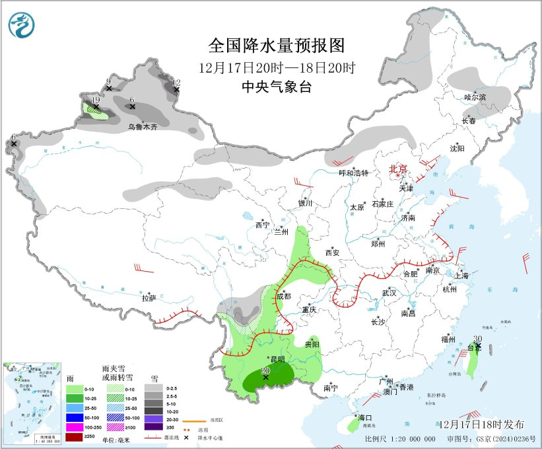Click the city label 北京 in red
click(398, 169)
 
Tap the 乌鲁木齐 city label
click(143, 126)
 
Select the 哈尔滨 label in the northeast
click(475, 97)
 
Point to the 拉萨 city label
click(149, 298)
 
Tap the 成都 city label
click(284, 296)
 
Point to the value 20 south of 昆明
click(265, 371)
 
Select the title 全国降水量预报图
click(277, 45)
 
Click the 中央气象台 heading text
click(276, 87)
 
